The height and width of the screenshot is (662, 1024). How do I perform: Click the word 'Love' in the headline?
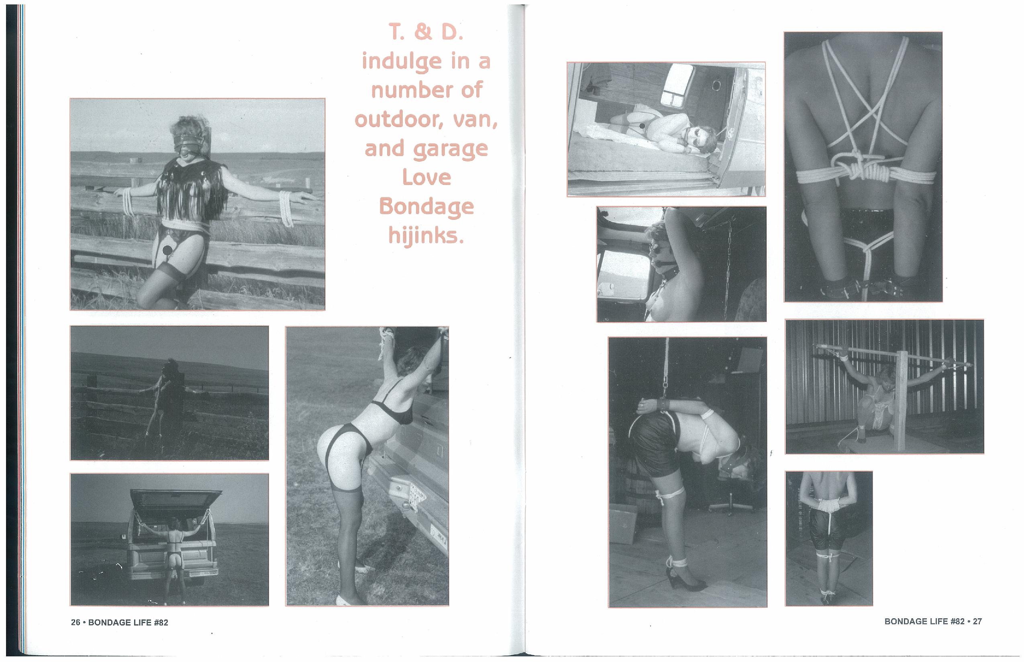pyautogui.click(x=426, y=177)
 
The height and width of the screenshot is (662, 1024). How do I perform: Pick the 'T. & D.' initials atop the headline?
pyautogui.click(x=426, y=32)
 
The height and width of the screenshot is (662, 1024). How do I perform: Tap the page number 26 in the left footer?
pyautogui.click(x=75, y=622)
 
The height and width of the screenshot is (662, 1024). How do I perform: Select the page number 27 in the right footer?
pyautogui.click(x=977, y=621)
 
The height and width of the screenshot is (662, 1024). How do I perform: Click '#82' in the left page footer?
pyautogui.click(x=160, y=622)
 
